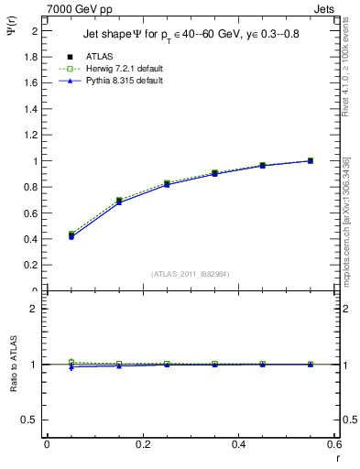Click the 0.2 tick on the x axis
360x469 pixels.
pos(143,444)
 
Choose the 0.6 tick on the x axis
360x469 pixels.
pos(334,444)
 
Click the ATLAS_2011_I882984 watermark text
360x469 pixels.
pos(191,274)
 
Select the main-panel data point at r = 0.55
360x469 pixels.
pos(310,161)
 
